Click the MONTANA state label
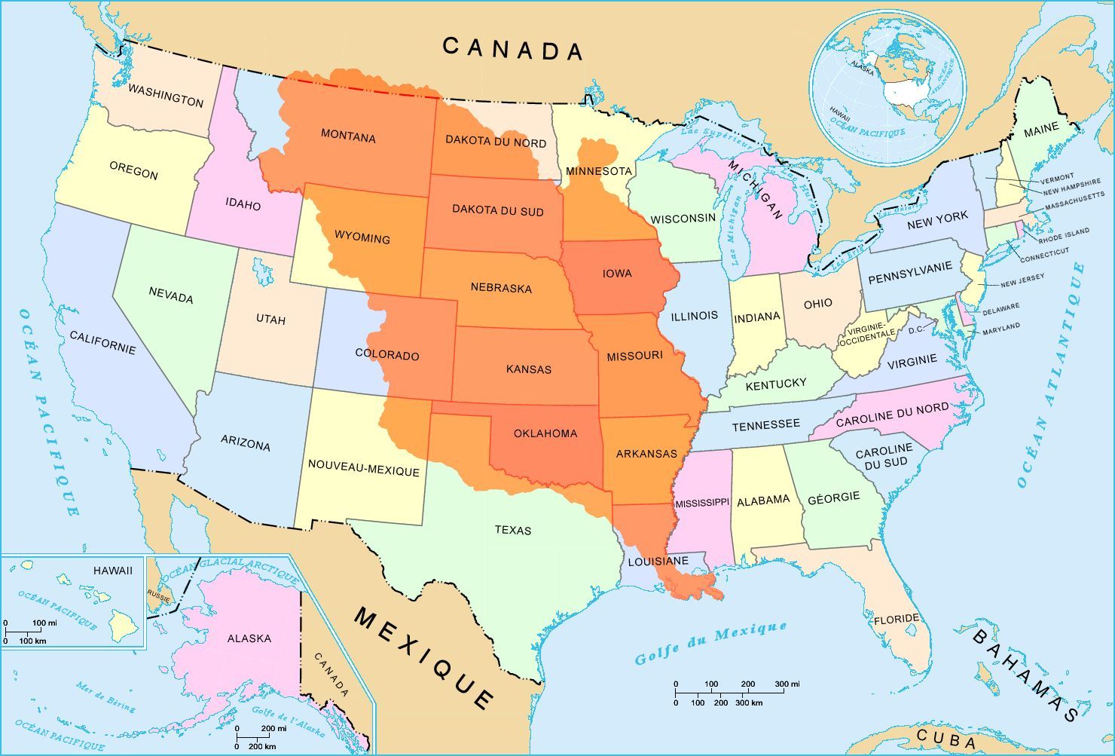[348, 137]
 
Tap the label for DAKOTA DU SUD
[497, 210]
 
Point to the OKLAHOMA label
[545, 433]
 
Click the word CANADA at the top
[512, 49]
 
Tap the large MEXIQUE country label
[425, 657]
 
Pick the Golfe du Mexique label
[710, 643]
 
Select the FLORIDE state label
[897, 620]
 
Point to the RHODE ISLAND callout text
[1064, 235]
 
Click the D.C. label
[916, 329]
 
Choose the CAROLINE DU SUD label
[883, 455]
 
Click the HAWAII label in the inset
[113, 571]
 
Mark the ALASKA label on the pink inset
[249, 638]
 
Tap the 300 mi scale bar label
[781, 684]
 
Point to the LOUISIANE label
[658, 561]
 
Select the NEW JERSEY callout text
[1022, 281]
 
